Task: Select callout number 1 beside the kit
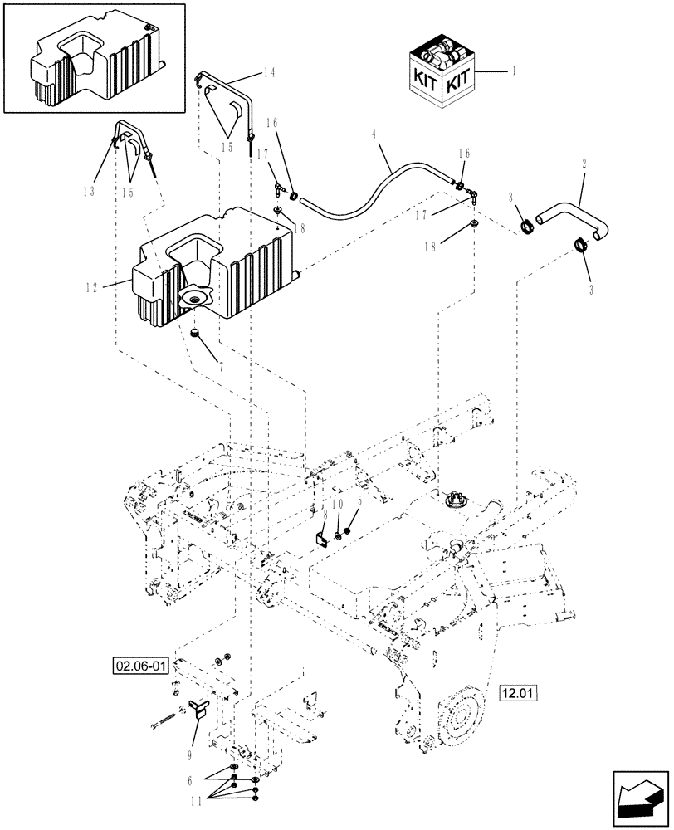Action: pos(513,72)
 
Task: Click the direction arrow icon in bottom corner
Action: pos(640,800)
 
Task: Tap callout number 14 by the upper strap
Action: pos(268,73)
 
